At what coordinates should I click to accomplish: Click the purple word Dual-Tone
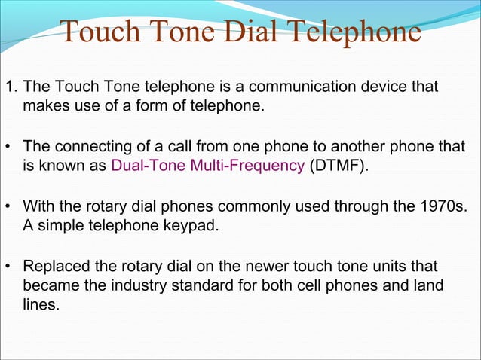click(144, 166)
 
